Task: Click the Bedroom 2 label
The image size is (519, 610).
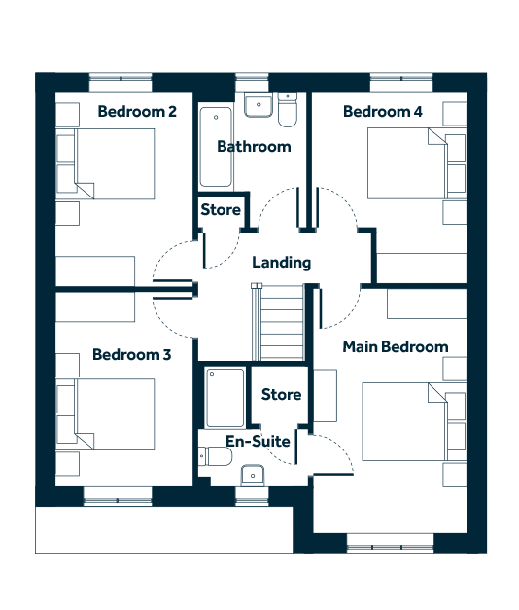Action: click(137, 112)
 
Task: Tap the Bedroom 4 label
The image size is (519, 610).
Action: click(383, 112)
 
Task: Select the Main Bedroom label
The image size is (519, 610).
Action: click(396, 346)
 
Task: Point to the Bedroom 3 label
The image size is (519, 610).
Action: click(132, 354)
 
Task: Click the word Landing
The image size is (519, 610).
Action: click(282, 263)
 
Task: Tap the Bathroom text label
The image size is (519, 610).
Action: click(254, 147)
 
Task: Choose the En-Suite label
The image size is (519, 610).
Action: click(259, 441)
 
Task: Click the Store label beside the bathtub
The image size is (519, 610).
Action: click(221, 210)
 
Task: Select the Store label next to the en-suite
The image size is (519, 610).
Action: click(281, 394)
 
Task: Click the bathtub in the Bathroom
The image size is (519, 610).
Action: click(216, 147)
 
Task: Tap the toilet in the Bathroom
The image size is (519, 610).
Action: click(288, 110)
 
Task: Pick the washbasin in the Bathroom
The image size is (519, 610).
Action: click(259, 104)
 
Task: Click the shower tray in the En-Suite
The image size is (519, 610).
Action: click(225, 397)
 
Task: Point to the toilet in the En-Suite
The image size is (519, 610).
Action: click(215, 456)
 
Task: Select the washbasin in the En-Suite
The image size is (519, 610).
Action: click(253, 475)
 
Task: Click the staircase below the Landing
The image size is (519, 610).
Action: click(278, 322)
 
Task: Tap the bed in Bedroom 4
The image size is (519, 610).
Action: click(417, 163)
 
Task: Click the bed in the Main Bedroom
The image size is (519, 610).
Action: click(414, 421)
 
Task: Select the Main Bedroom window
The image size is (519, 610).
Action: click(390, 544)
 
